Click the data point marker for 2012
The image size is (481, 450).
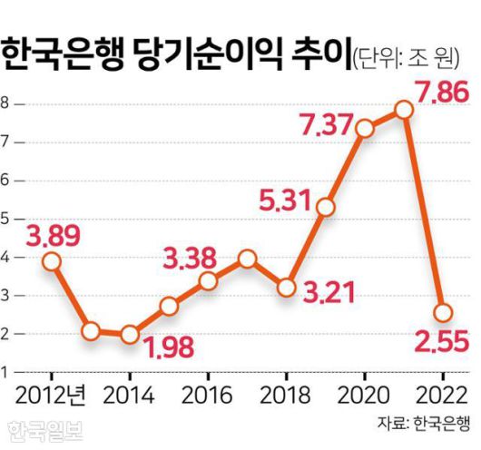tap(52, 261)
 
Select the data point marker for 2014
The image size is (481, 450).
tap(130, 335)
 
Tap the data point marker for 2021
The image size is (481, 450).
tap(404, 110)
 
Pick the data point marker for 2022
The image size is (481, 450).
tap(443, 312)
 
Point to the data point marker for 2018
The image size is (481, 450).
tap(287, 288)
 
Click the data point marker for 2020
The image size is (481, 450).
tap(365, 129)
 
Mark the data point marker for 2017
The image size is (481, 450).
tap(248, 259)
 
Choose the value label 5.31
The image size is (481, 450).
tap(284, 193)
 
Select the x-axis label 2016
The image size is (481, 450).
tap(208, 395)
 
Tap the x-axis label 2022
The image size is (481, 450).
tap(443, 395)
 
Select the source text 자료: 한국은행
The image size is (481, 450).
tap(424, 423)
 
